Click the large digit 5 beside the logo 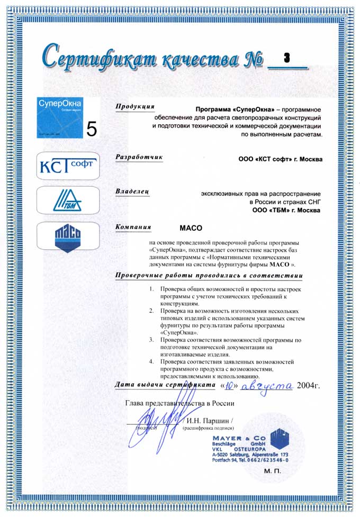[92, 129]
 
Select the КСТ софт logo [67, 165]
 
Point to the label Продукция [135, 106]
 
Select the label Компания [133, 227]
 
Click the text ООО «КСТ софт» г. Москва [280, 158]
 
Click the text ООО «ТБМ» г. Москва [286, 210]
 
